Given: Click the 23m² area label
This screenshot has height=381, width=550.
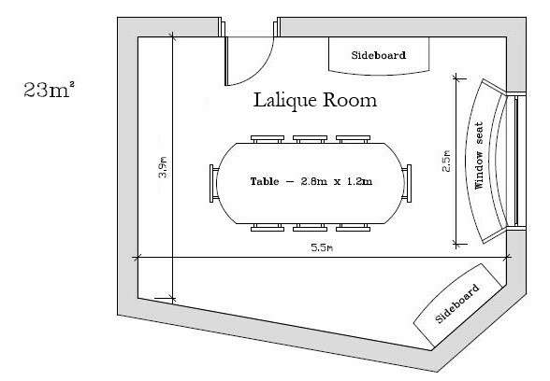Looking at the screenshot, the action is [49, 89].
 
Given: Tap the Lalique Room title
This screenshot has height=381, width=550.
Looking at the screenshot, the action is [315, 100].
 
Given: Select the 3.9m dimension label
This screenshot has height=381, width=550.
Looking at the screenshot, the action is [163, 167].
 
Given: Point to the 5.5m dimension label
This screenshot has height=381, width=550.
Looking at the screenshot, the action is [322, 248].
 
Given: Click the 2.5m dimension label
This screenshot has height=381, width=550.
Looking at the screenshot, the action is [446, 161].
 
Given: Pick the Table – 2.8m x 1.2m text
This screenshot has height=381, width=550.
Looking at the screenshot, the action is [311, 181].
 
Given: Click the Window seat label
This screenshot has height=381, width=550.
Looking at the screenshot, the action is [479, 156].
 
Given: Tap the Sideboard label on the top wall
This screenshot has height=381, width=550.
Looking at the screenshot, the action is [379, 55].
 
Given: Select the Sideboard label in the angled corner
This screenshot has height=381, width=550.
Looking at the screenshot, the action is [457, 303].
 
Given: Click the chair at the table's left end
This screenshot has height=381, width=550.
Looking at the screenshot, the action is [214, 183].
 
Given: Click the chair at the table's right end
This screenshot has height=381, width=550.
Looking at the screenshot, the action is [407, 183].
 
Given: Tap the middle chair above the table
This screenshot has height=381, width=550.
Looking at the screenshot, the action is [311, 139].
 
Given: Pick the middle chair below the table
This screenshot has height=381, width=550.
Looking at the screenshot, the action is [311, 228].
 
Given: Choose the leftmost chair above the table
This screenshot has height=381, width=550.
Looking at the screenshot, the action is [268, 139].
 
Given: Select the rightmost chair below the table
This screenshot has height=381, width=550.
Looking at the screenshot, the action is [353, 228].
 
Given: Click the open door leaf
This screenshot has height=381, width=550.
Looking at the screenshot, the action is [226, 61].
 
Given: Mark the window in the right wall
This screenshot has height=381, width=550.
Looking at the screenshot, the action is [516, 161].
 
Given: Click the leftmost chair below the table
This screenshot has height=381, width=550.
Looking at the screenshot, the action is [268, 228].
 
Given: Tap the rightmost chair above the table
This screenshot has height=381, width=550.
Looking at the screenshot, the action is [353, 139].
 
